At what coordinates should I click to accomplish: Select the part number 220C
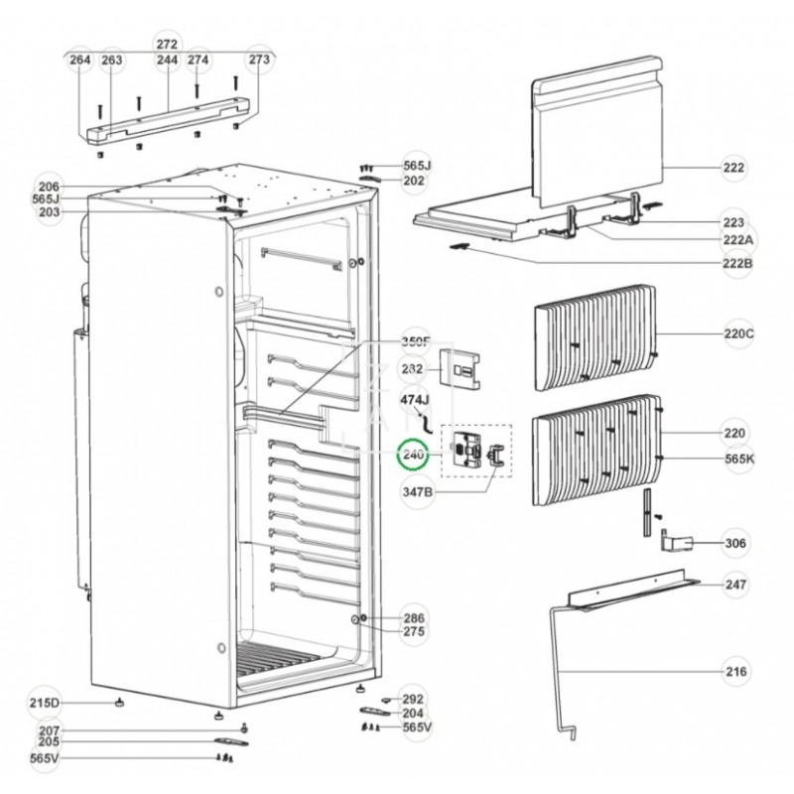coord(738,334)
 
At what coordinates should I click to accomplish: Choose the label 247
coord(735,585)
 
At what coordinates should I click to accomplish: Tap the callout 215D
coord(46,704)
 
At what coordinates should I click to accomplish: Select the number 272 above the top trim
coord(167,45)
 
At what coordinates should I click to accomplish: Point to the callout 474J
coord(417,400)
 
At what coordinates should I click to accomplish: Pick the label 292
coord(412,698)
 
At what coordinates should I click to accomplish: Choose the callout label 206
coord(49,187)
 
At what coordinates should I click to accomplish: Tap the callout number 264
coord(80,61)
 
